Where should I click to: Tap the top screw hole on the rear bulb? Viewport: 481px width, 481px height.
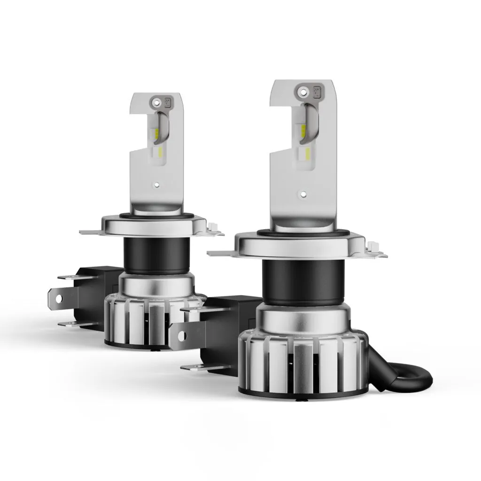point(156,101)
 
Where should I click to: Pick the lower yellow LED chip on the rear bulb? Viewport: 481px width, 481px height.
point(161,151)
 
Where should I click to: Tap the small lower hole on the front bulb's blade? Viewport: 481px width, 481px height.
point(303,194)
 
